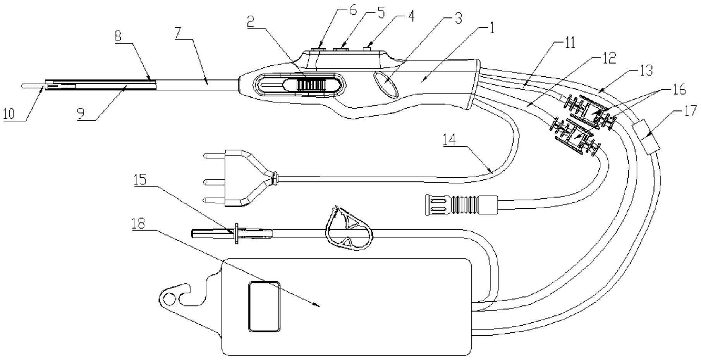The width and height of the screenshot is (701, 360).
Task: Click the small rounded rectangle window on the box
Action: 264,306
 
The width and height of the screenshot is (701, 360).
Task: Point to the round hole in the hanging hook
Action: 169,299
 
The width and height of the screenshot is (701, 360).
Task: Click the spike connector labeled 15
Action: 232,233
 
